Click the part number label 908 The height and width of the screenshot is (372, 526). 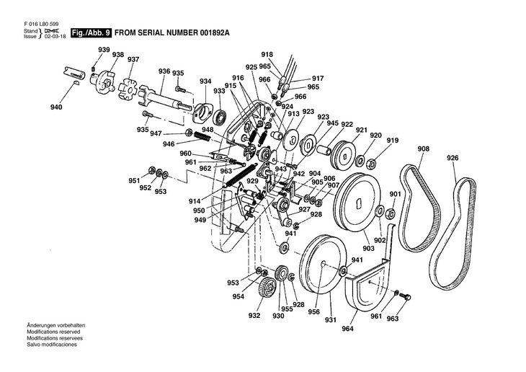[423, 149]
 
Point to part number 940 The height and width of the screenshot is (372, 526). [56, 107]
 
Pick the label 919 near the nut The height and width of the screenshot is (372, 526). [393, 141]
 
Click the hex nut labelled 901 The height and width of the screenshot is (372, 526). [390, 213]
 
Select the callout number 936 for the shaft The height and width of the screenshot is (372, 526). [164, 71]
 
